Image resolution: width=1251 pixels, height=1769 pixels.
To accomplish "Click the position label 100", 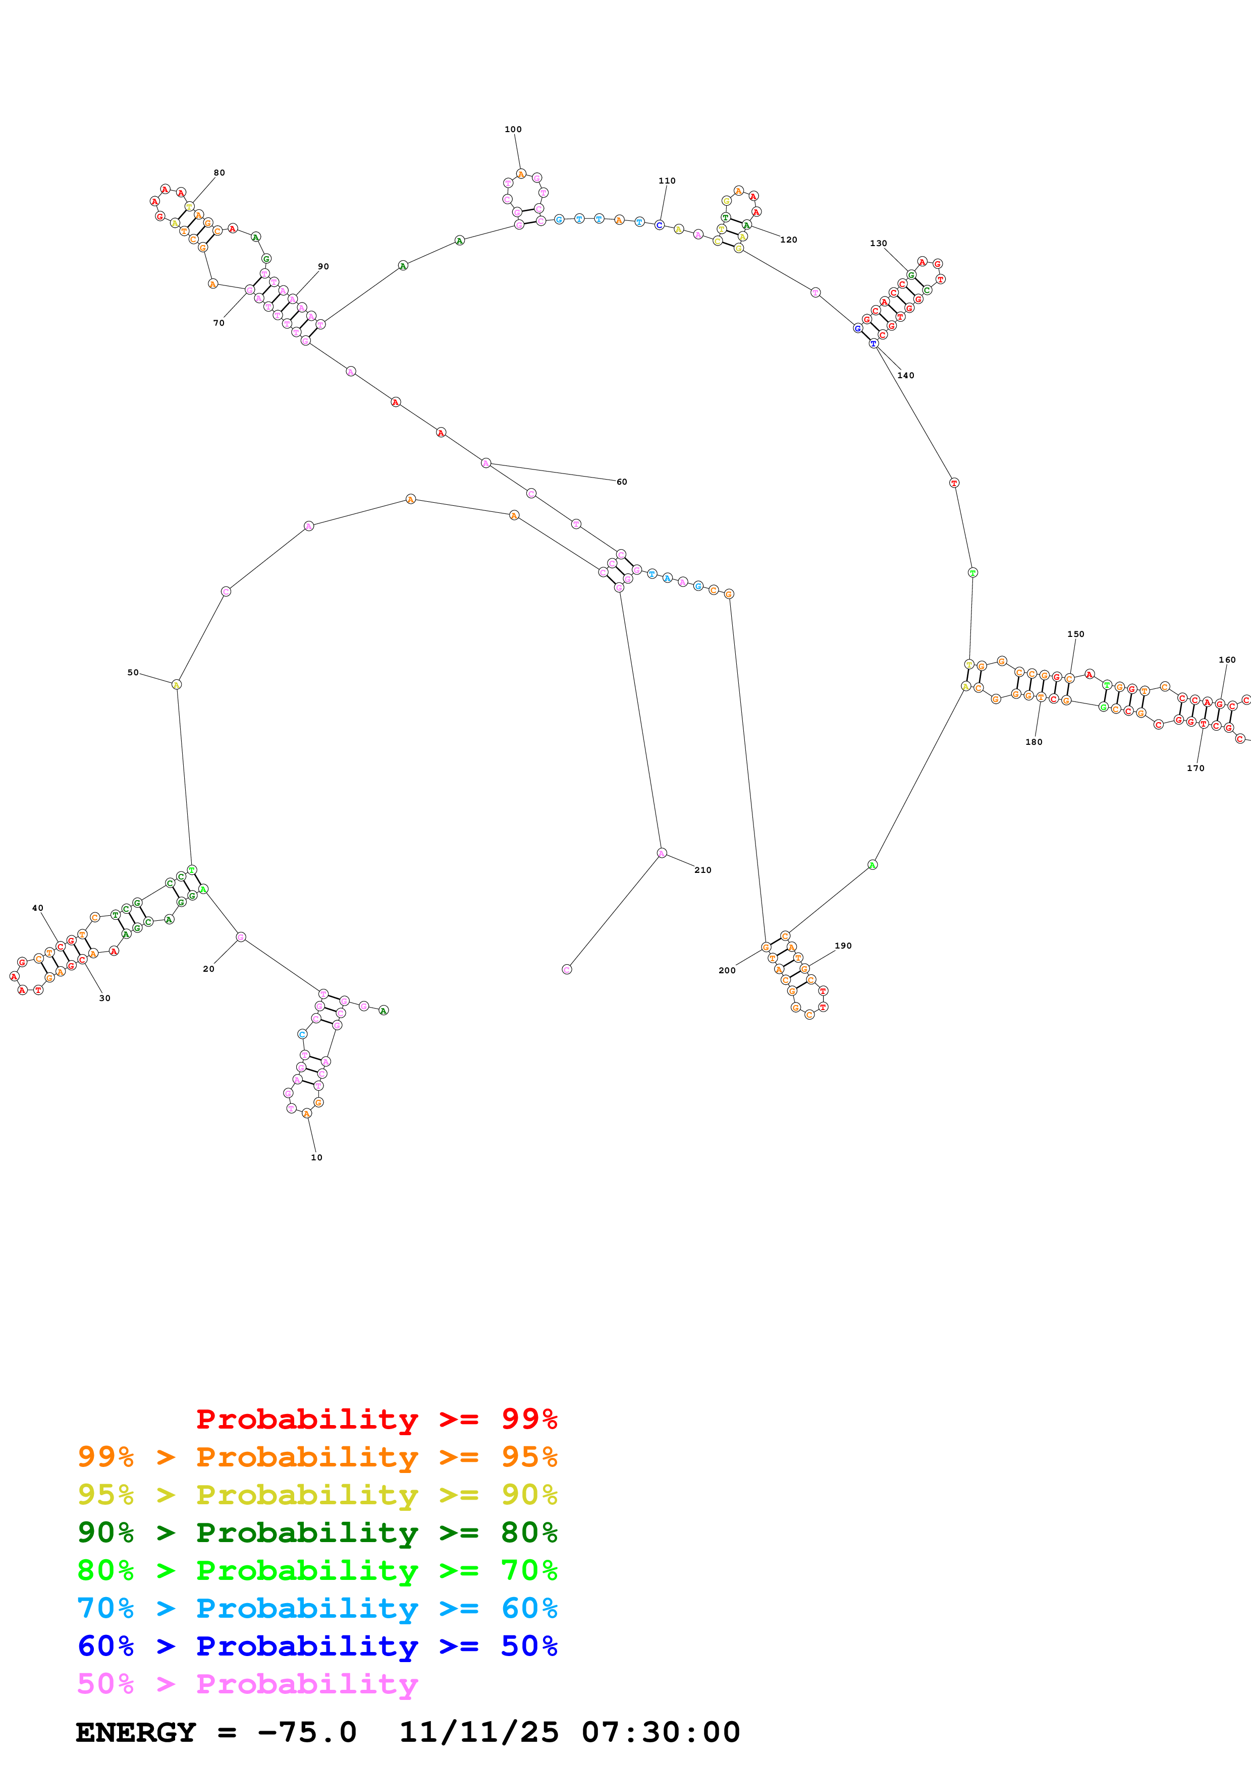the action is coord(513,130).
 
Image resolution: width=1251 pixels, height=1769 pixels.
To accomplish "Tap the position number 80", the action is coord(219,172).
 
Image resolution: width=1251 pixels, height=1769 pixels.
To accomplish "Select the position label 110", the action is coord(667,181).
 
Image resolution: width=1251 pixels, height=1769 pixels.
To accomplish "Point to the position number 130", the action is coord(878,244).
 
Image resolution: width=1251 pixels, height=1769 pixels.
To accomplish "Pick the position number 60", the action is coord(621,482).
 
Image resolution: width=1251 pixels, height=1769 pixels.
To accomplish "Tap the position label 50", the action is coord(133,673).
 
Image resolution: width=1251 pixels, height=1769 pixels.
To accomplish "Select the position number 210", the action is coord(702,870).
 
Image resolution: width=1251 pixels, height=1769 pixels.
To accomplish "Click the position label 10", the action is coord(316,1158).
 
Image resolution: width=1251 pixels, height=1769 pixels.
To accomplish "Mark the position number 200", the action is coord(726,971).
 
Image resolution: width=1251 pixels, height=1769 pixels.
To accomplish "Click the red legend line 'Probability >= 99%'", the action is coord(376,1419).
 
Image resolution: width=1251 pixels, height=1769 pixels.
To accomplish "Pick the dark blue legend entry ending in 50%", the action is coord(317,1646).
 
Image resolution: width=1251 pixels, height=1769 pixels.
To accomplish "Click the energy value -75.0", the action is coord(307,1733).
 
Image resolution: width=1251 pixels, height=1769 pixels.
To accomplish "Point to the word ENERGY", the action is coord(136,1733).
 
